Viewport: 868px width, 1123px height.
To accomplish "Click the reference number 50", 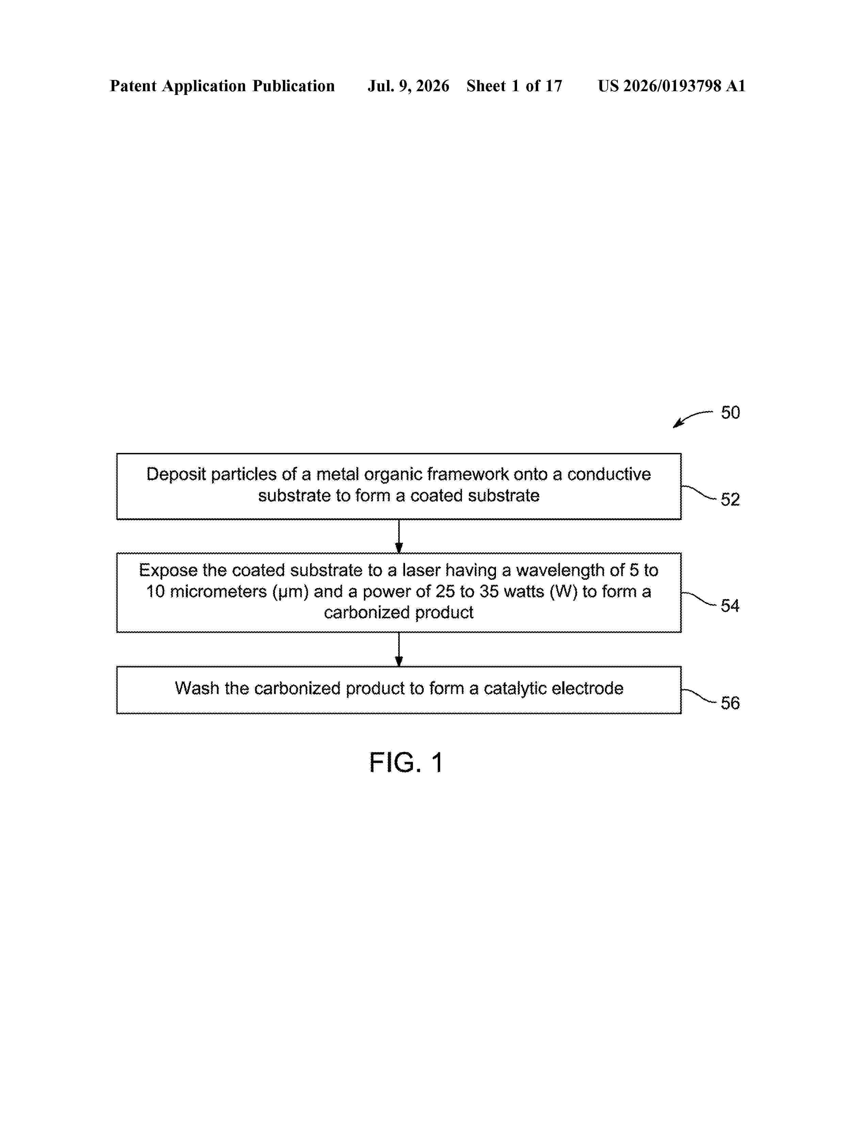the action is pyautogui.click(x=730, y=412).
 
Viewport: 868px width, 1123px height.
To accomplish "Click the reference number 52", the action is pyautogui.click(x=730, y=499).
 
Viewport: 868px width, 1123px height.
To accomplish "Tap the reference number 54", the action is pyautogui.click(x=730, y=606).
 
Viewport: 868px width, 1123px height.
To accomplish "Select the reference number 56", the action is pyautogui.click(x=730, y=703).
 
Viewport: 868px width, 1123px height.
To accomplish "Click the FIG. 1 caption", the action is pyautogui.click(x=406, y=763).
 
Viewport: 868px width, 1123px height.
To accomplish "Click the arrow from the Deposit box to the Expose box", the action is pyautogui.click(x=399, y=536).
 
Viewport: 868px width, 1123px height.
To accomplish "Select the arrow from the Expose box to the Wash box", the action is pyautogui.click(x=399, y=649).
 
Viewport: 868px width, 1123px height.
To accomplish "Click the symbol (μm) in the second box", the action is pyautogui.click(x=291, y=592).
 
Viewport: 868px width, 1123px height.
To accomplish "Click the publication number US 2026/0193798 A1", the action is pyautogui.click(x=672, y=86).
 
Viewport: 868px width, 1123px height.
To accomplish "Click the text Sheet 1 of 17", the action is pyautogui.click(x=514, y=86).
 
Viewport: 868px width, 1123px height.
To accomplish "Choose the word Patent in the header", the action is pyautogui.click(x=133, y=86).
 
